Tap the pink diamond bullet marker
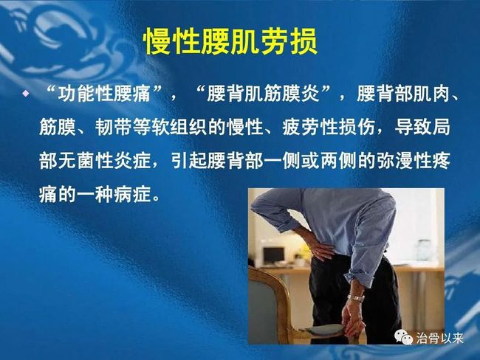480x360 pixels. (26, 94)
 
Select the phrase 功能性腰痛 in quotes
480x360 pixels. (104, 94)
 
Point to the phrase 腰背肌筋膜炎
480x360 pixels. (263, 94)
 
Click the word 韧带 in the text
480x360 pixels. (113, 127)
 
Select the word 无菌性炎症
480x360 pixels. (95, 161)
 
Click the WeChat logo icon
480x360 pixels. (403, 336)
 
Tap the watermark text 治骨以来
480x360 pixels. (439, 339)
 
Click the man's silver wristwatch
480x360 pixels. (356, 298)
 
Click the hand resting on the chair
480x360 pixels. (354, 318)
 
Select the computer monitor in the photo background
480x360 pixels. (274, 255)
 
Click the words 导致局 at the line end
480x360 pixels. (422, 127)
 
